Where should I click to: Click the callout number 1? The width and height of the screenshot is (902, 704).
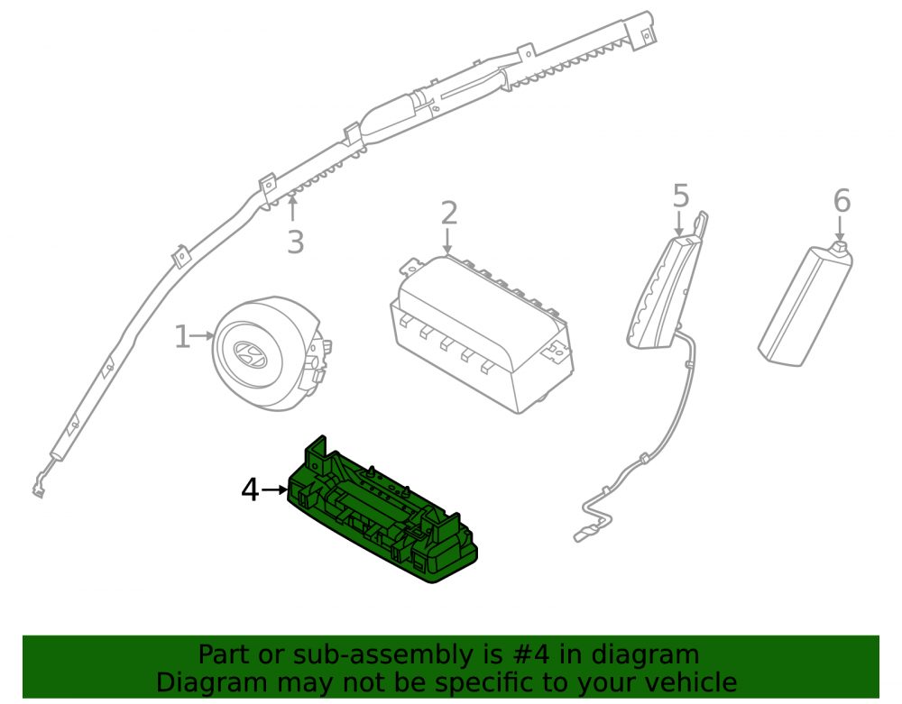tap(182, 337)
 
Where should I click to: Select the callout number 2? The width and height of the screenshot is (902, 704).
tap(448, 214)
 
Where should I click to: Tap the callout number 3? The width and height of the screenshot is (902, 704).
tap(295, 242)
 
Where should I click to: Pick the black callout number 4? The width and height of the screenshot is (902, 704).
tap(250, 490)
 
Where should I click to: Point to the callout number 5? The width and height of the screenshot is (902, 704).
tap(680, 196)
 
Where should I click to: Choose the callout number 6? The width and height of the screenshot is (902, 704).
tap(842, 201)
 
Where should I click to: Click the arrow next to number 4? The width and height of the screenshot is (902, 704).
tap(274, 490)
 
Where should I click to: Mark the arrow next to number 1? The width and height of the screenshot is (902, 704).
tap(202, 335)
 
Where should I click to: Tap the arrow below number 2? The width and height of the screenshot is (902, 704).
tap(447, 240)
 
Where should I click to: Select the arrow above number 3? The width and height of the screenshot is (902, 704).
tap(292, 208)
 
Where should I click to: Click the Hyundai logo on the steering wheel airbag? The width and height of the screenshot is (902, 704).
tap(250, 353)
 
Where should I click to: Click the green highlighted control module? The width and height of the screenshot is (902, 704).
tap(382, 510)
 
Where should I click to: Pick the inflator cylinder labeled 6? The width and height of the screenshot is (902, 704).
tap(805, 304)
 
